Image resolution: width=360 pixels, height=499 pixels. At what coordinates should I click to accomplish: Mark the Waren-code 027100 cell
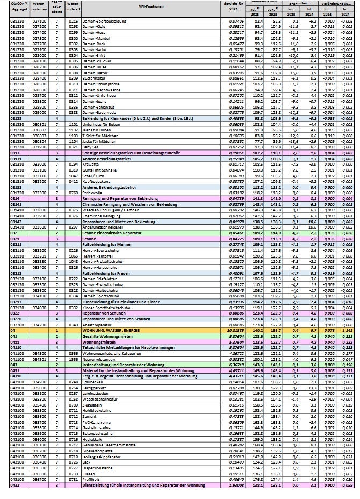[39, 20]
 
